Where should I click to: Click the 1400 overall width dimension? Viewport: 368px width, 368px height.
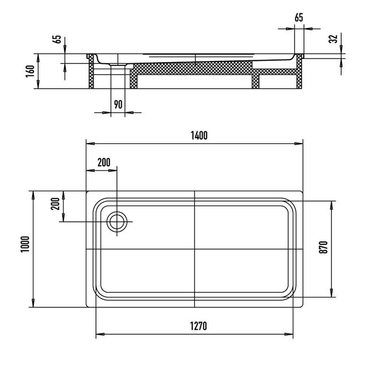click(199, 135)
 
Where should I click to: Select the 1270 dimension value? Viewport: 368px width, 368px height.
click(199, 326)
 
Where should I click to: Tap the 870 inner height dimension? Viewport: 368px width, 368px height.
click(323, 248)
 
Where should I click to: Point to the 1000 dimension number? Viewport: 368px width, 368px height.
click(25, 244)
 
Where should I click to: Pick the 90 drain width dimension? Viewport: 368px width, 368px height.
click(118, 105)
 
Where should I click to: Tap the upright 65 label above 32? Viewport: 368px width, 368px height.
click(299, 18)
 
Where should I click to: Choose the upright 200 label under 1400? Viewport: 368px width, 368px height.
click(104, 162)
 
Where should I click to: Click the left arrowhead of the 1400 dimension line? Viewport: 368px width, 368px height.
click(89, 144)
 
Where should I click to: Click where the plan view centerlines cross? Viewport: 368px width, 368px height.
click(194, 249)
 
